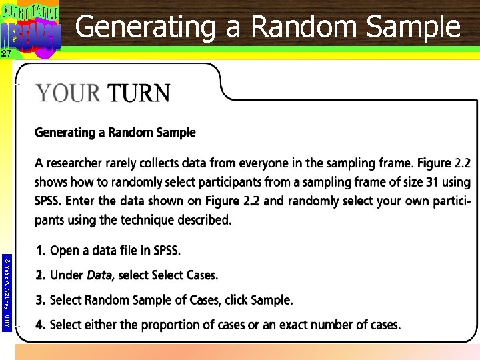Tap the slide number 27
click(x=6, y=54)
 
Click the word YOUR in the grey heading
click(x=68, y=93)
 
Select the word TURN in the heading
click(x=139, y=93)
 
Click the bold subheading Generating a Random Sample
click(x=115, y=133)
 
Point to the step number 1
click(x=40, y=251)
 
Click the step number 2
click(x=40, y=275)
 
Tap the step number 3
click(x=40, y=300)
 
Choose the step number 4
click(x=40, y=325)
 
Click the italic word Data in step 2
click(x=99, y=275)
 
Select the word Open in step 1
click(x=65, y=251)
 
